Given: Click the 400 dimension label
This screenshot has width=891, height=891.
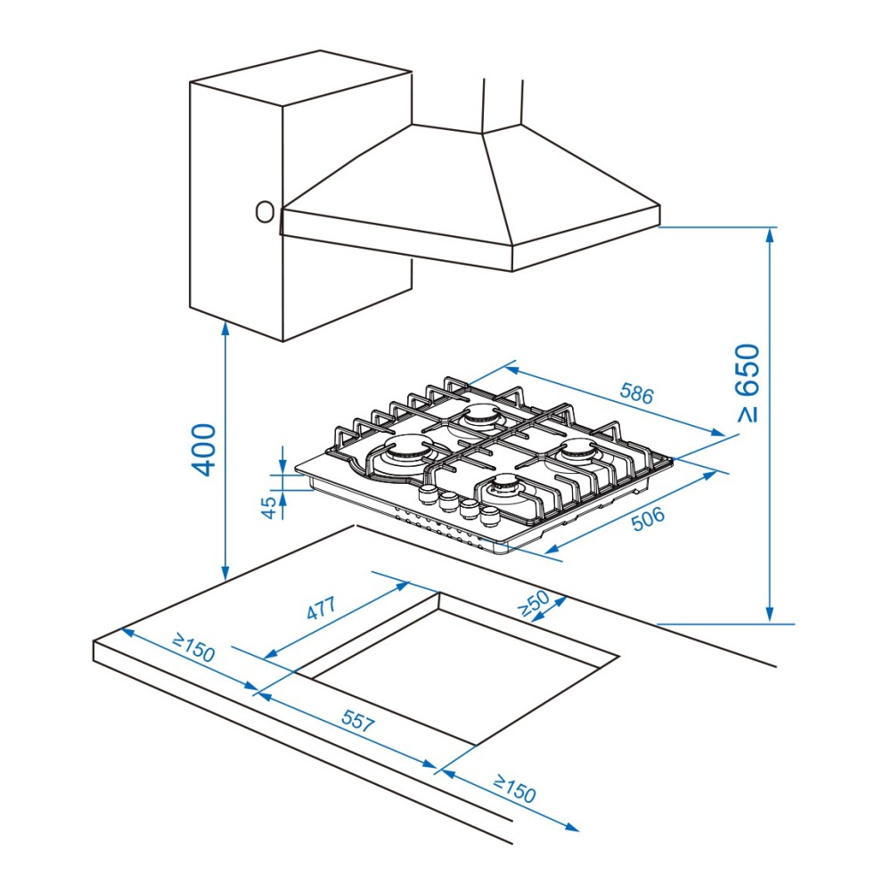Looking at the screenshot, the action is point(203,449).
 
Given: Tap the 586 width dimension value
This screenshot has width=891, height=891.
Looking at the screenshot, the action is point(636,393).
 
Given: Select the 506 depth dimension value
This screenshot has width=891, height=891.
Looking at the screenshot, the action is point(648,519).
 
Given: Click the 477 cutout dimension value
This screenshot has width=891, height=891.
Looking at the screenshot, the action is point(322,608).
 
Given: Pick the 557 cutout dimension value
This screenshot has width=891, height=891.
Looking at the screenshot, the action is point(358,721).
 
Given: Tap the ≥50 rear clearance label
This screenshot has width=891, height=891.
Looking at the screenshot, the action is point(534,603).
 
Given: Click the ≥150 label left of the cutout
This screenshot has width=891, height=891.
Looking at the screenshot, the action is point(194,649).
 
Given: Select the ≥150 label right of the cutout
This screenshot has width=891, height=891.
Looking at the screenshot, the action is point(514,789).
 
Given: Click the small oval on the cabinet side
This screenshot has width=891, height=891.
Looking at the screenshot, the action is point(265,212).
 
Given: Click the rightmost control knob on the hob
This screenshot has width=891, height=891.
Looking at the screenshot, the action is point(489,516).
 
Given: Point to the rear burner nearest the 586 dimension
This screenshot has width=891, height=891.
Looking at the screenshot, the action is point(479,416).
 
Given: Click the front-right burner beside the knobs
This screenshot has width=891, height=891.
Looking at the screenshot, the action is point(506,487).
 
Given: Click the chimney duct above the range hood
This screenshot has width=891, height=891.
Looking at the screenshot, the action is point(503,106).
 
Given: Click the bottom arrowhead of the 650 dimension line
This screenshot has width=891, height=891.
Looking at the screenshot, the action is point(770,614).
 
